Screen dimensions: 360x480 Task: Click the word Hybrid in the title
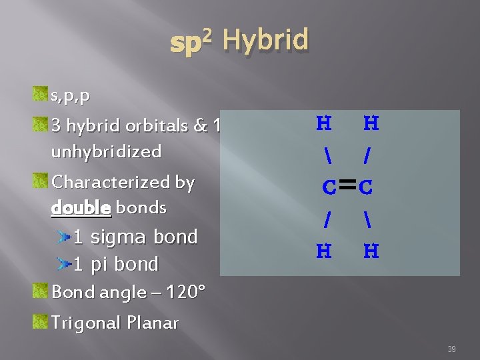click(265, 41)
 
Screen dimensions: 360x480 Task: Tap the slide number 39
click(451, 349)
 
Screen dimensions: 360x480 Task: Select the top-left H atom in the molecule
click(323, 123)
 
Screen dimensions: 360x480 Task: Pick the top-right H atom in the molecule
click(371, 123)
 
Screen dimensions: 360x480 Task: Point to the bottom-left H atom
click(323, 251)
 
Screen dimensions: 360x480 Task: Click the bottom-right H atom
click(371, 251)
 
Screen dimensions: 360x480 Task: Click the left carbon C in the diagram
click(329, 188)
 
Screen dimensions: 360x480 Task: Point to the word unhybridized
click(106, 152)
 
